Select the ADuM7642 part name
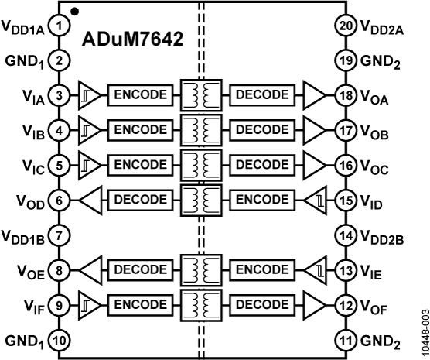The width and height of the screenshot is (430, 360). [132, 39]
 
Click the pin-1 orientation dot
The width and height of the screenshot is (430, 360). [74, 12]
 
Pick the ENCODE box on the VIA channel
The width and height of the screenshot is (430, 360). [141, 95]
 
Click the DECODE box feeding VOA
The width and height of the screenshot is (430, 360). [262, 95]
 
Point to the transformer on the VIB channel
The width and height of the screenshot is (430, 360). [201, 130]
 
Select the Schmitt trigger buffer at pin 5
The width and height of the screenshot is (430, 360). [90, 166]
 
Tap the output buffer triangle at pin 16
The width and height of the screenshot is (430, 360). [315, 166]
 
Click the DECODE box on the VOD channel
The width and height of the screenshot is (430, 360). [141, 201]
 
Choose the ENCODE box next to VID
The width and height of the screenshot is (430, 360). [262, 201]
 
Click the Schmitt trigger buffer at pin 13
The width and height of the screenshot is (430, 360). [316, 270]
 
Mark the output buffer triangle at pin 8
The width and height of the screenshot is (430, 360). [90, 270]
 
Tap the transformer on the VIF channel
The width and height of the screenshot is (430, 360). [201, 305]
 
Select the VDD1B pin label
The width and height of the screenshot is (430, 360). [23, 237]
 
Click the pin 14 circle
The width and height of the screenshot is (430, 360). [346, 235]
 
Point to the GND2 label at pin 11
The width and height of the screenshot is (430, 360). [381, 342]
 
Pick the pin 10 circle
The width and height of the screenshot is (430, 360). [60, 341]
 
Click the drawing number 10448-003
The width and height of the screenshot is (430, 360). [425, 334]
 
